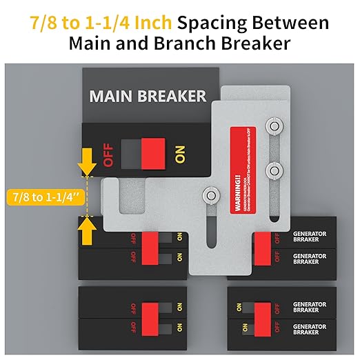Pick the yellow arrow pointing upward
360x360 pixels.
pyautogui.click(x=87, y=232)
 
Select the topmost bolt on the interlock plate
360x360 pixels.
pyautogui.click(x=274, y=127)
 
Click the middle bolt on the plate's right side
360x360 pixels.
pyautogui.click(x=274, y=168)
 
